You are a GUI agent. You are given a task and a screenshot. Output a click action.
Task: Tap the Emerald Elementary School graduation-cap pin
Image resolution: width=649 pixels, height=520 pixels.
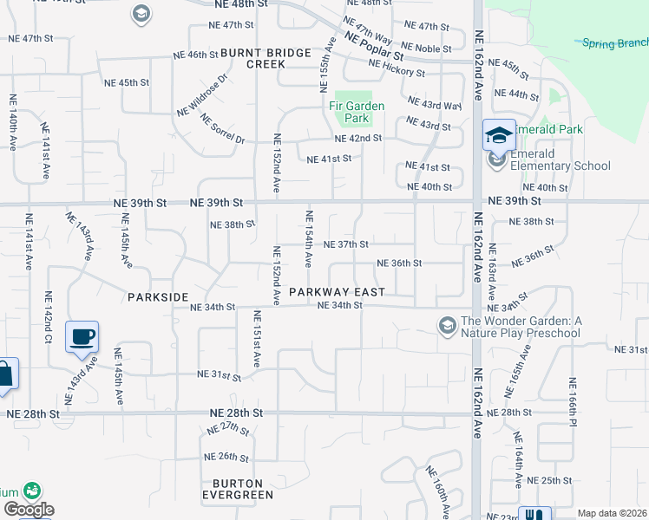[499, 135]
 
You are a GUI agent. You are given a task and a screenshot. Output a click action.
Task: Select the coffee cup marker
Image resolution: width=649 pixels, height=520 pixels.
[82, 337]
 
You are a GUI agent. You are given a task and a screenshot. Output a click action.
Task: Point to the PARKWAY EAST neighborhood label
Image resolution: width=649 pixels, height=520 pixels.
[337, 292]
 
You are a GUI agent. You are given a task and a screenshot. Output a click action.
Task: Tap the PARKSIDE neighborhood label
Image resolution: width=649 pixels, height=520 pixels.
[158, 297]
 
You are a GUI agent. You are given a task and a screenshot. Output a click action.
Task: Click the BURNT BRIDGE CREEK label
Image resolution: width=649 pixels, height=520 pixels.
[265, 59]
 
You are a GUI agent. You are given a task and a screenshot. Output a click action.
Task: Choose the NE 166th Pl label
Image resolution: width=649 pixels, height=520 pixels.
[573, 402]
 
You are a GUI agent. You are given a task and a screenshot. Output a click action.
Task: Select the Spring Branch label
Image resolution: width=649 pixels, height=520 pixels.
[614, 42]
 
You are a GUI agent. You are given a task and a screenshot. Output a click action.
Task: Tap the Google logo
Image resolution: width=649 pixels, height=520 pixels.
[29, 509]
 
